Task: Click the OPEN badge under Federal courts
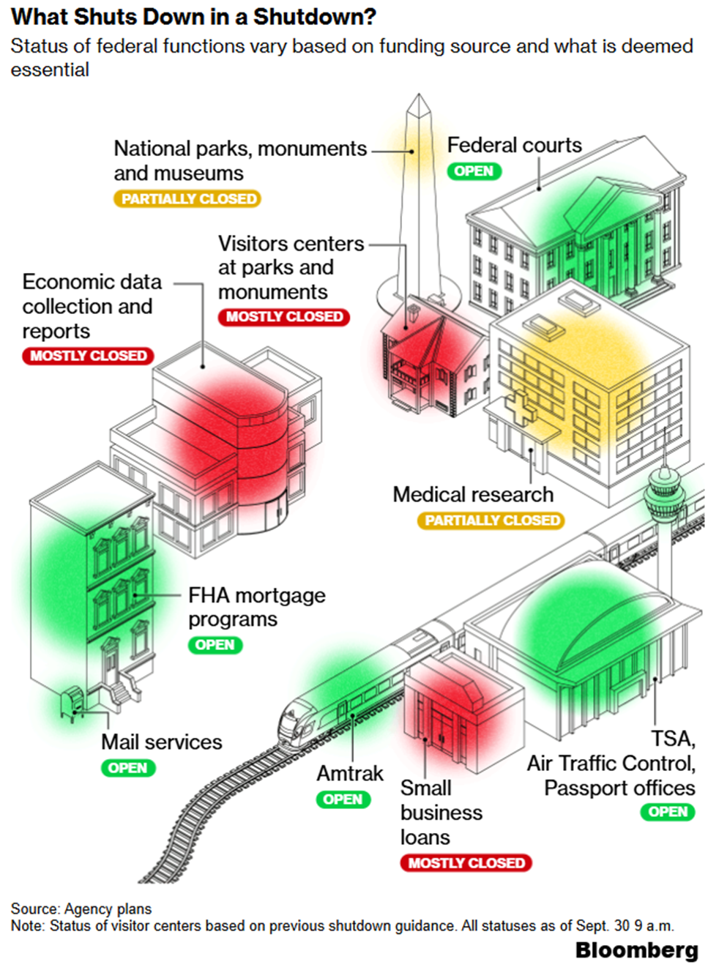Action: tap(474, 171)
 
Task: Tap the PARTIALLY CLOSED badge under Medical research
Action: tap(491, 521)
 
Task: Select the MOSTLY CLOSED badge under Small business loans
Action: tap(466, 863)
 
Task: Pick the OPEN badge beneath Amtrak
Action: tap(343, 799)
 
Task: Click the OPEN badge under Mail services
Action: tap(128, 768)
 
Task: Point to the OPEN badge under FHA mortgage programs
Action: tap(215, 645)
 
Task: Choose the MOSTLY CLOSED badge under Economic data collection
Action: tap(88, 356)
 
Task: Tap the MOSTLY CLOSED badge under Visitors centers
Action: tap(283, 317)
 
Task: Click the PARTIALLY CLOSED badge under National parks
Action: tap(187, 198)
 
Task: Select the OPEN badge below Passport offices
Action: tap(667, 812)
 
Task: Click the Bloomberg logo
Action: tap(636, 950)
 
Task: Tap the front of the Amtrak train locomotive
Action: tap(293, 721)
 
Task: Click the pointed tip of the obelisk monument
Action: tap(419, 97)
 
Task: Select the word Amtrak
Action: tap(349, 773)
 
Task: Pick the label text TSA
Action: tap(673, 738)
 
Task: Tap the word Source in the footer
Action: tap(34, 909)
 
